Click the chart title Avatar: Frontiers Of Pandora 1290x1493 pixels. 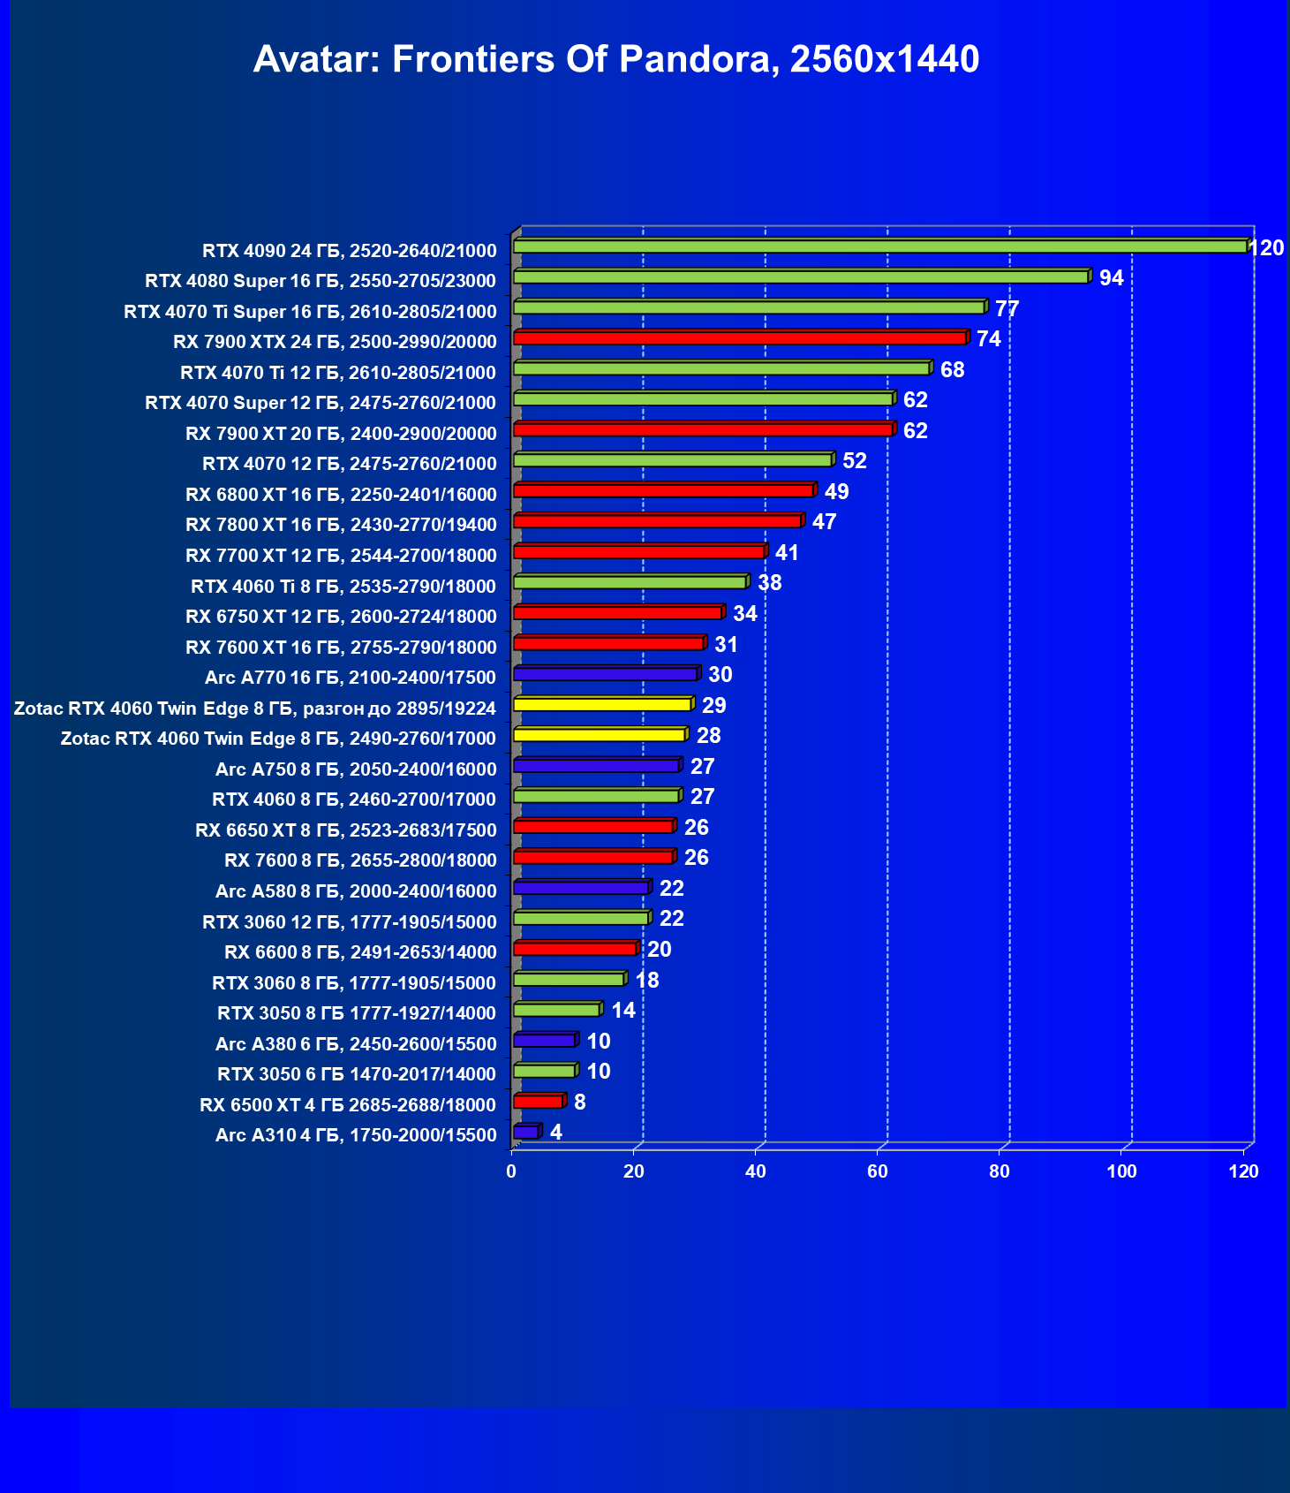click(615, 59)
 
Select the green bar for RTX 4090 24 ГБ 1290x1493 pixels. click(879, 246)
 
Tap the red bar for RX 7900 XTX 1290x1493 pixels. click(739, 338)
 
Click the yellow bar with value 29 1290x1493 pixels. click(601, 704)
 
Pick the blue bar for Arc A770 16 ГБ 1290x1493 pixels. click(605, 674)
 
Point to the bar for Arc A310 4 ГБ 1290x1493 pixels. click(525, 1132)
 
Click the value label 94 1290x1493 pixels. click(1111, 278)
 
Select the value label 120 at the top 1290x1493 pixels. click(1267, 248)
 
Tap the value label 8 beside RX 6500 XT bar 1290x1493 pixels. click(579, 1102)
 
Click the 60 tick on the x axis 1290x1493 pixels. click(878, 1171)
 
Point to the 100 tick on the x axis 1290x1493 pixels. click(1121, 1171)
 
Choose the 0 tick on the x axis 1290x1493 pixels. click(511, 1171)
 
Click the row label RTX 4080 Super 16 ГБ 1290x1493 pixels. click(321, 281)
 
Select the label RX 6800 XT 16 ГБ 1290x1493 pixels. click(341, 495)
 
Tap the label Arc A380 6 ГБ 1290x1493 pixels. click(356, 1044)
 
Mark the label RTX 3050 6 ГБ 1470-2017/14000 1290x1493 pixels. click(357, 1074)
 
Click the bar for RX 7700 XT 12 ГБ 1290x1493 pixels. click(638, 552)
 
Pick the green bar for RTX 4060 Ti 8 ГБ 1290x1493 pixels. click(630, 582)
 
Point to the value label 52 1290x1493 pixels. click(855, 461)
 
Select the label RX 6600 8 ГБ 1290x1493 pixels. click(360, 952)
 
